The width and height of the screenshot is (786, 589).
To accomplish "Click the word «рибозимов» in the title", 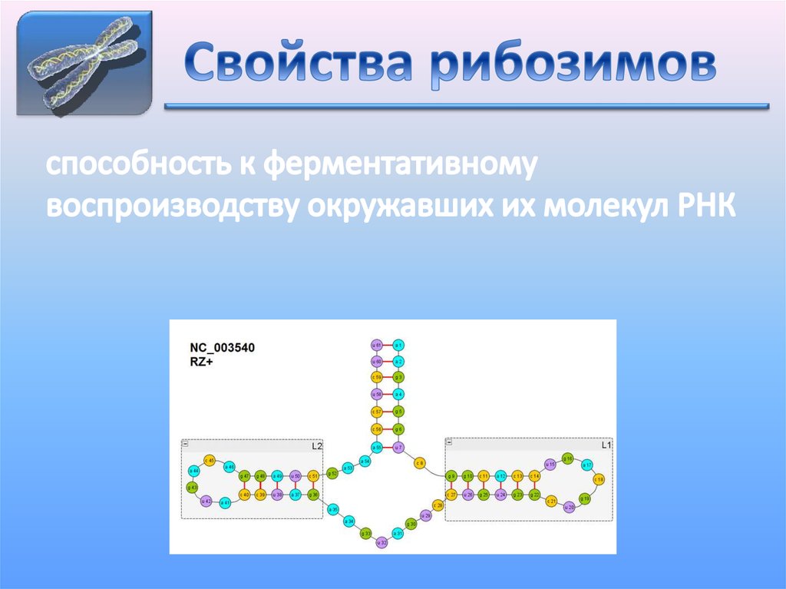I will [573, 66].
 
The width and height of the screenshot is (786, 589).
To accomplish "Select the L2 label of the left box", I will [316, 445].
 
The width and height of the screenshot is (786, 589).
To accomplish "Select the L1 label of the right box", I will [606, 445].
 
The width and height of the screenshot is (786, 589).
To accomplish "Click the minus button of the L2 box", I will [185, 444].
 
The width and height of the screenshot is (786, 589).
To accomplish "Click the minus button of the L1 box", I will [449, 442].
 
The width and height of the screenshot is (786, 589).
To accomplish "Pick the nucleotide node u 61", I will [376, 345].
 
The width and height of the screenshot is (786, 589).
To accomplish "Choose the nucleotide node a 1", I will [398, 345].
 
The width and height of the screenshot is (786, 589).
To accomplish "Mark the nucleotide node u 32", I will [381, 543].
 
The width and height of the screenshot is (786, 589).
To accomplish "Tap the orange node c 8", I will [420, 463].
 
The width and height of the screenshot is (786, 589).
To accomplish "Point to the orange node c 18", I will [599, 479].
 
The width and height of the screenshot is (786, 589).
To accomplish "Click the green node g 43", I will [192, 487].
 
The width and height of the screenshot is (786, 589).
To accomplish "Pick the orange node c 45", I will [210, 459].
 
